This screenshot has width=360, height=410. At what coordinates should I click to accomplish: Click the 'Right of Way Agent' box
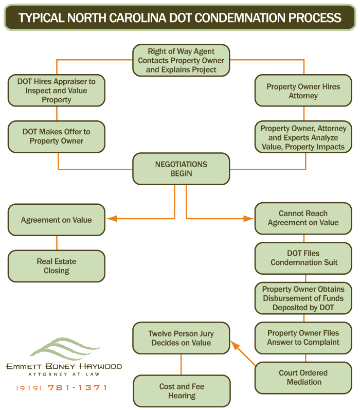(x=181, y=60)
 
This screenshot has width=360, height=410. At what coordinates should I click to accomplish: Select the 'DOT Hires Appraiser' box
(x=57, y=91)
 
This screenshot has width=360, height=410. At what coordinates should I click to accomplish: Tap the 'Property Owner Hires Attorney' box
(x=303, y=91)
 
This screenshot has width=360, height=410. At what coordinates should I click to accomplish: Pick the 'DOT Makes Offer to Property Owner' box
(x=57, y=136)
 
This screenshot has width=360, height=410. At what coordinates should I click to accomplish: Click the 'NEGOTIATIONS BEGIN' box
(x=181, y=169)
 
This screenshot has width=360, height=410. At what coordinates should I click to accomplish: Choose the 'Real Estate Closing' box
(x=57, y=266)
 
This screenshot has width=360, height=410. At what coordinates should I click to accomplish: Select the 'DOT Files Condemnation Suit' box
(x=303, y=258)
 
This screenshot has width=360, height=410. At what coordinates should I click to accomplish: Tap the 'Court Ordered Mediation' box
(x=303, y=378)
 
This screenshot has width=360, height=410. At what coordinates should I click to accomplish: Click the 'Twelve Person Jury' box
(x=181, y=338)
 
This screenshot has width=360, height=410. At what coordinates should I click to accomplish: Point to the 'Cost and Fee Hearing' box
(x=182, y=391)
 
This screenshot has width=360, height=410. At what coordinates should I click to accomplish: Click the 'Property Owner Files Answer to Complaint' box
(x=303, y=338)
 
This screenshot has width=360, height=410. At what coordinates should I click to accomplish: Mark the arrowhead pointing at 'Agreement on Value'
(x=112, y=218)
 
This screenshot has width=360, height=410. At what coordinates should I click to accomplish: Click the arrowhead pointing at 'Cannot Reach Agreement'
(x=248, y=218)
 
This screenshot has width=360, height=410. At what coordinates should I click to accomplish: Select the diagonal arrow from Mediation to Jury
(x=243, y=353)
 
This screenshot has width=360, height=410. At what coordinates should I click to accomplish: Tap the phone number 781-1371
(x=77, y=387)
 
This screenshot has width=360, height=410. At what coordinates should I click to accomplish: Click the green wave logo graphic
(x=65, y=348)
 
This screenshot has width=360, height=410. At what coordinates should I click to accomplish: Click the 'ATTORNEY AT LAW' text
(x=64, y=375)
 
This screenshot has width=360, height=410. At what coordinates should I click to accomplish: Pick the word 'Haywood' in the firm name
(x=100, y=366)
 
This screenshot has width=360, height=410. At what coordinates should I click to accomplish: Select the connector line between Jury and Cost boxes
(x=181, y=365)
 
